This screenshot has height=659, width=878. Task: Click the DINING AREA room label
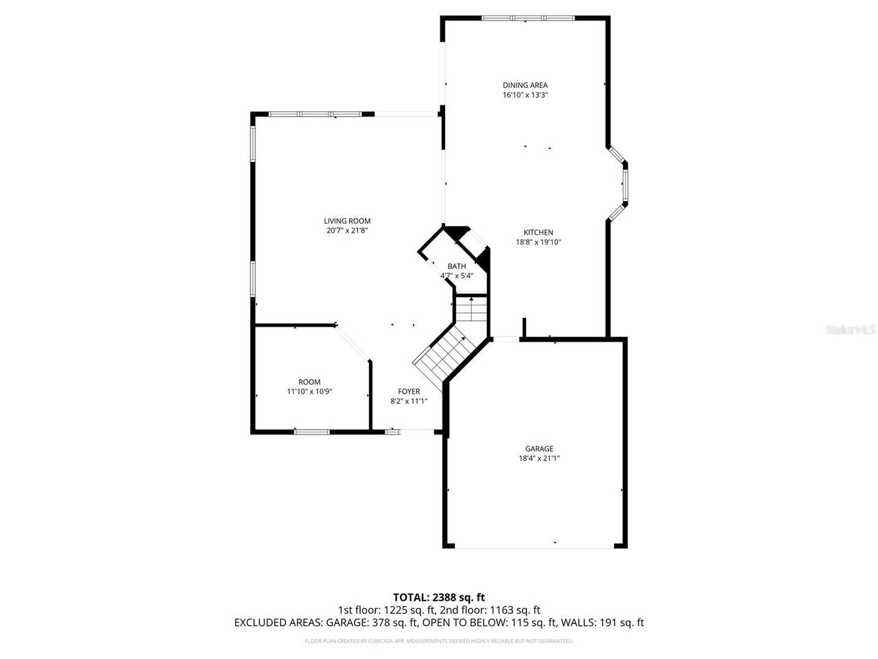(x=525, y=85)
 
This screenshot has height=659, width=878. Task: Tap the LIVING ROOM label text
(x=347, y=221)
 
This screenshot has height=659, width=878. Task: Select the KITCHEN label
(x=538, y=233)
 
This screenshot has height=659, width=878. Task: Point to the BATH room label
(x=457, y=266)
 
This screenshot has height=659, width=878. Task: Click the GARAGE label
(x=539, y=449)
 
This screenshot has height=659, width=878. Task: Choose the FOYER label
(x=409, y=392)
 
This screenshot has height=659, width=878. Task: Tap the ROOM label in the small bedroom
(x=309, y=382)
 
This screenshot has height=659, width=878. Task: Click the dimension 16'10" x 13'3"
(x=525, y=95)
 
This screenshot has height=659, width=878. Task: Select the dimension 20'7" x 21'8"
(x=347, y=231)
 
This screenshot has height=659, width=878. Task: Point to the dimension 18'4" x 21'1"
(x=539, y=458)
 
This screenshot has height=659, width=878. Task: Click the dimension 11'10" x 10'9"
(x=309, y=391)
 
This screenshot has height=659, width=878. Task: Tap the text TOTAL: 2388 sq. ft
(x=438, y=597)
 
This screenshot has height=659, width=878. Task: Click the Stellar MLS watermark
(x=851, y=329)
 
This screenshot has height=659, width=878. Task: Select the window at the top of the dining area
(x=525, y=18)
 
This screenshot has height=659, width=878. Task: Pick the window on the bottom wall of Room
(x=311, y=431)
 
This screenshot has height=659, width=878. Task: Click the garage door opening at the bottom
(x=534, y=547)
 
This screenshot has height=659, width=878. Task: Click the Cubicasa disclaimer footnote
(x=438, y=641)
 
